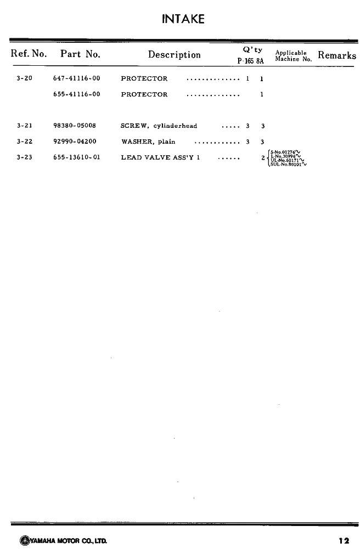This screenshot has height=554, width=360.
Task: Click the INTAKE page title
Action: [183, 19]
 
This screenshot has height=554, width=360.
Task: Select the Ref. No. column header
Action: [29, 54]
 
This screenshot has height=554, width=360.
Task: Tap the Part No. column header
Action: [80, 54]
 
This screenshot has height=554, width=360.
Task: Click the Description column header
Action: [175, 55]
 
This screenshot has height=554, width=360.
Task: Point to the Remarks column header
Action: [337, 55]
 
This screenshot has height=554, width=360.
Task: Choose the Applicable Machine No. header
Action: [293, 56]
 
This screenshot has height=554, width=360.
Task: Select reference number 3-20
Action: [24, 78]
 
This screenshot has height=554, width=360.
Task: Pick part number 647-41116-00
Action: [76, 78]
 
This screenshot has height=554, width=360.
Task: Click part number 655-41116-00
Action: [76, 94]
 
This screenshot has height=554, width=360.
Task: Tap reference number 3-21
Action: [24, 126]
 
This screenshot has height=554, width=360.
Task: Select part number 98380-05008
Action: [75, 126]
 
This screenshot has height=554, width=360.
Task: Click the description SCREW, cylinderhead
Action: [159, 126]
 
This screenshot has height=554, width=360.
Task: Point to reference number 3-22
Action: [24, 142]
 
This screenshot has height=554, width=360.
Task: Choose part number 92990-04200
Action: [75, 142]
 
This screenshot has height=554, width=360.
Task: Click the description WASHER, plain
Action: [148, 142]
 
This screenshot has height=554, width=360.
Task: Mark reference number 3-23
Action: [24, 157]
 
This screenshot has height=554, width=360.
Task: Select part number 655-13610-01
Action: [76, 157]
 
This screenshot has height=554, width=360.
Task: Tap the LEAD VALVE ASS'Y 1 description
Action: [160, 158]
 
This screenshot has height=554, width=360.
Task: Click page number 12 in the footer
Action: [344, 540]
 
